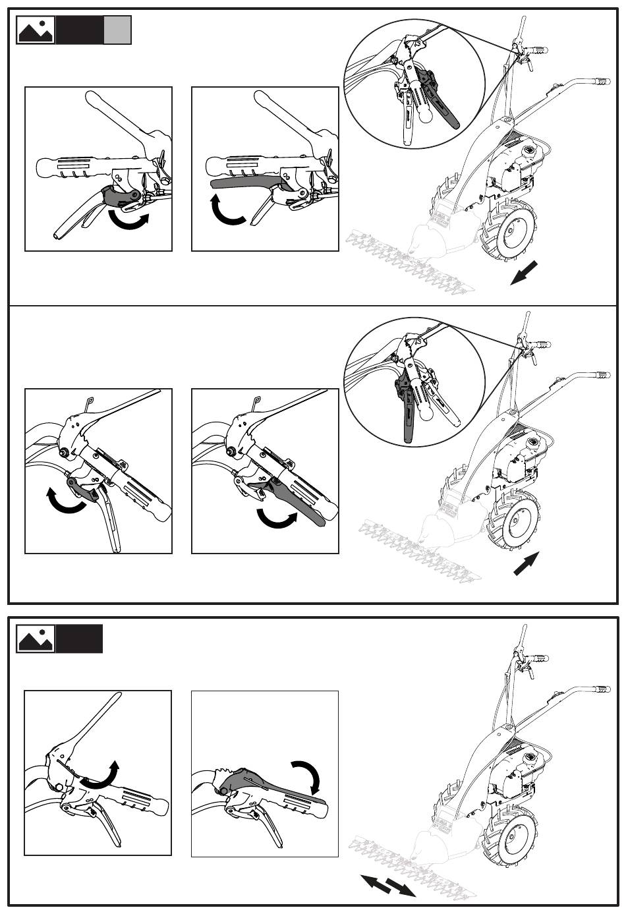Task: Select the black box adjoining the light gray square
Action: point(80,30)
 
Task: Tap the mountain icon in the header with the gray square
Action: point(36,30)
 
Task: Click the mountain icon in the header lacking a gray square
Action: point(36,639)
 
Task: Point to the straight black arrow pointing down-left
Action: point(525,273)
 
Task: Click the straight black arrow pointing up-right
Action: point(526,563)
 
